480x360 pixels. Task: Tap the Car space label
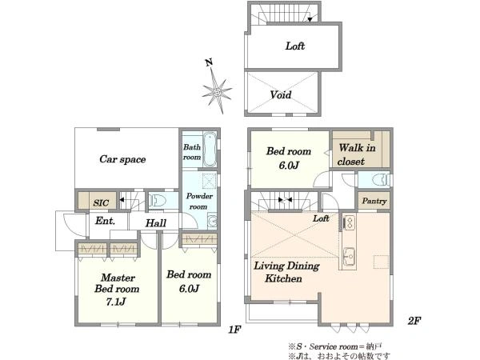(122, 159)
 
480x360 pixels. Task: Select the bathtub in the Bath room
(210, 150)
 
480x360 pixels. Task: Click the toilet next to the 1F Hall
(158, 201)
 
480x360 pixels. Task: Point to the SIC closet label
(101, 202)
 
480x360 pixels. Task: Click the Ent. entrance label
(105, 221)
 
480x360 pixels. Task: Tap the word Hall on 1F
(156, 223)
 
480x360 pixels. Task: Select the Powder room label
(199, 201)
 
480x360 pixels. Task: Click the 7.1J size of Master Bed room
(116, 302)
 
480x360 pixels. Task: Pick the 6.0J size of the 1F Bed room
(189, 288)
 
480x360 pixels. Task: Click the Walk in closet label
(357, 154)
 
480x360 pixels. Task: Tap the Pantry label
(374, 201)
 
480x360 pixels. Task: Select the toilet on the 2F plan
(381, 180)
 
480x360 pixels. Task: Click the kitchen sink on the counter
(349, 256)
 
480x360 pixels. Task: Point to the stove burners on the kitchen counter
(349, 222)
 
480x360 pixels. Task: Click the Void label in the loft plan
(281, 94)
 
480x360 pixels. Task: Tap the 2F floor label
(414, 321)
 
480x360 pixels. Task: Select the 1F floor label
(234, 330)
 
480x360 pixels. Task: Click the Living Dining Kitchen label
(286, 272)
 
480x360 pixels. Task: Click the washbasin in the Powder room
(213, 221)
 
